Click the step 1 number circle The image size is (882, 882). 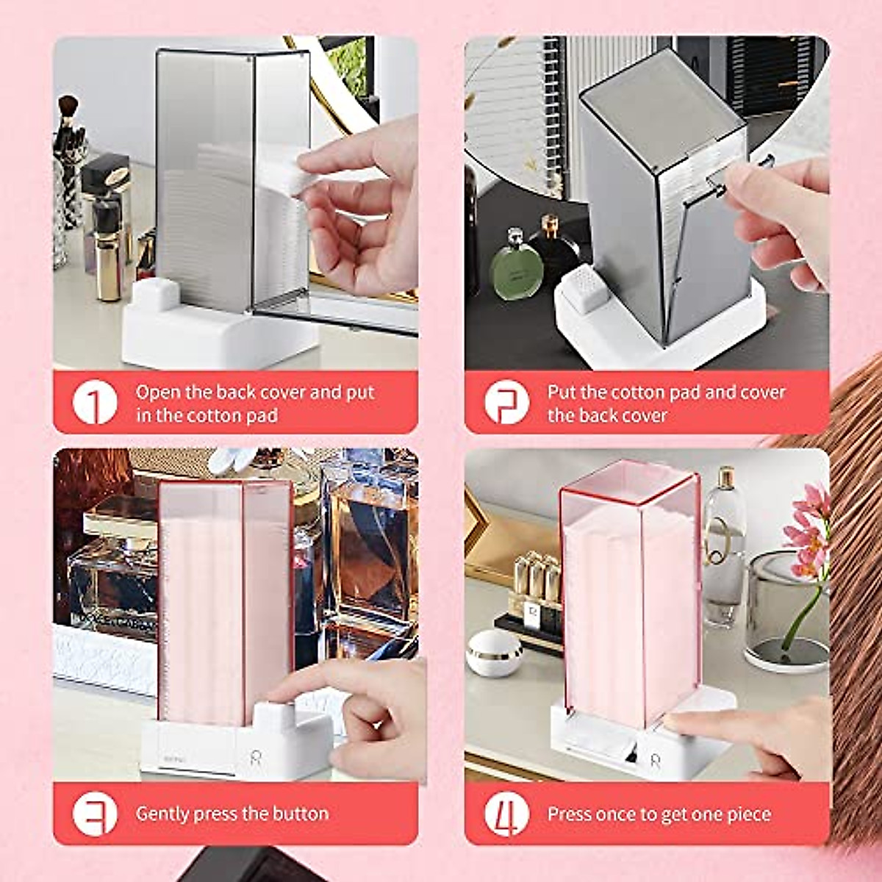pyautogui.click(x=95, y=403)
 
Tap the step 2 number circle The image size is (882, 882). pyautogui.click(x=506, y=403)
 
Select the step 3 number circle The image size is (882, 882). pyautogui.click(x=95, y=814)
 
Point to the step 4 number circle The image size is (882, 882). pyautogui.click(x=506, y=814)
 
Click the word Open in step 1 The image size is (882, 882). pyautogui.click(x=157, y=392)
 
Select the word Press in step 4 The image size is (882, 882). pyautogui.click(x=570, y=814)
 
